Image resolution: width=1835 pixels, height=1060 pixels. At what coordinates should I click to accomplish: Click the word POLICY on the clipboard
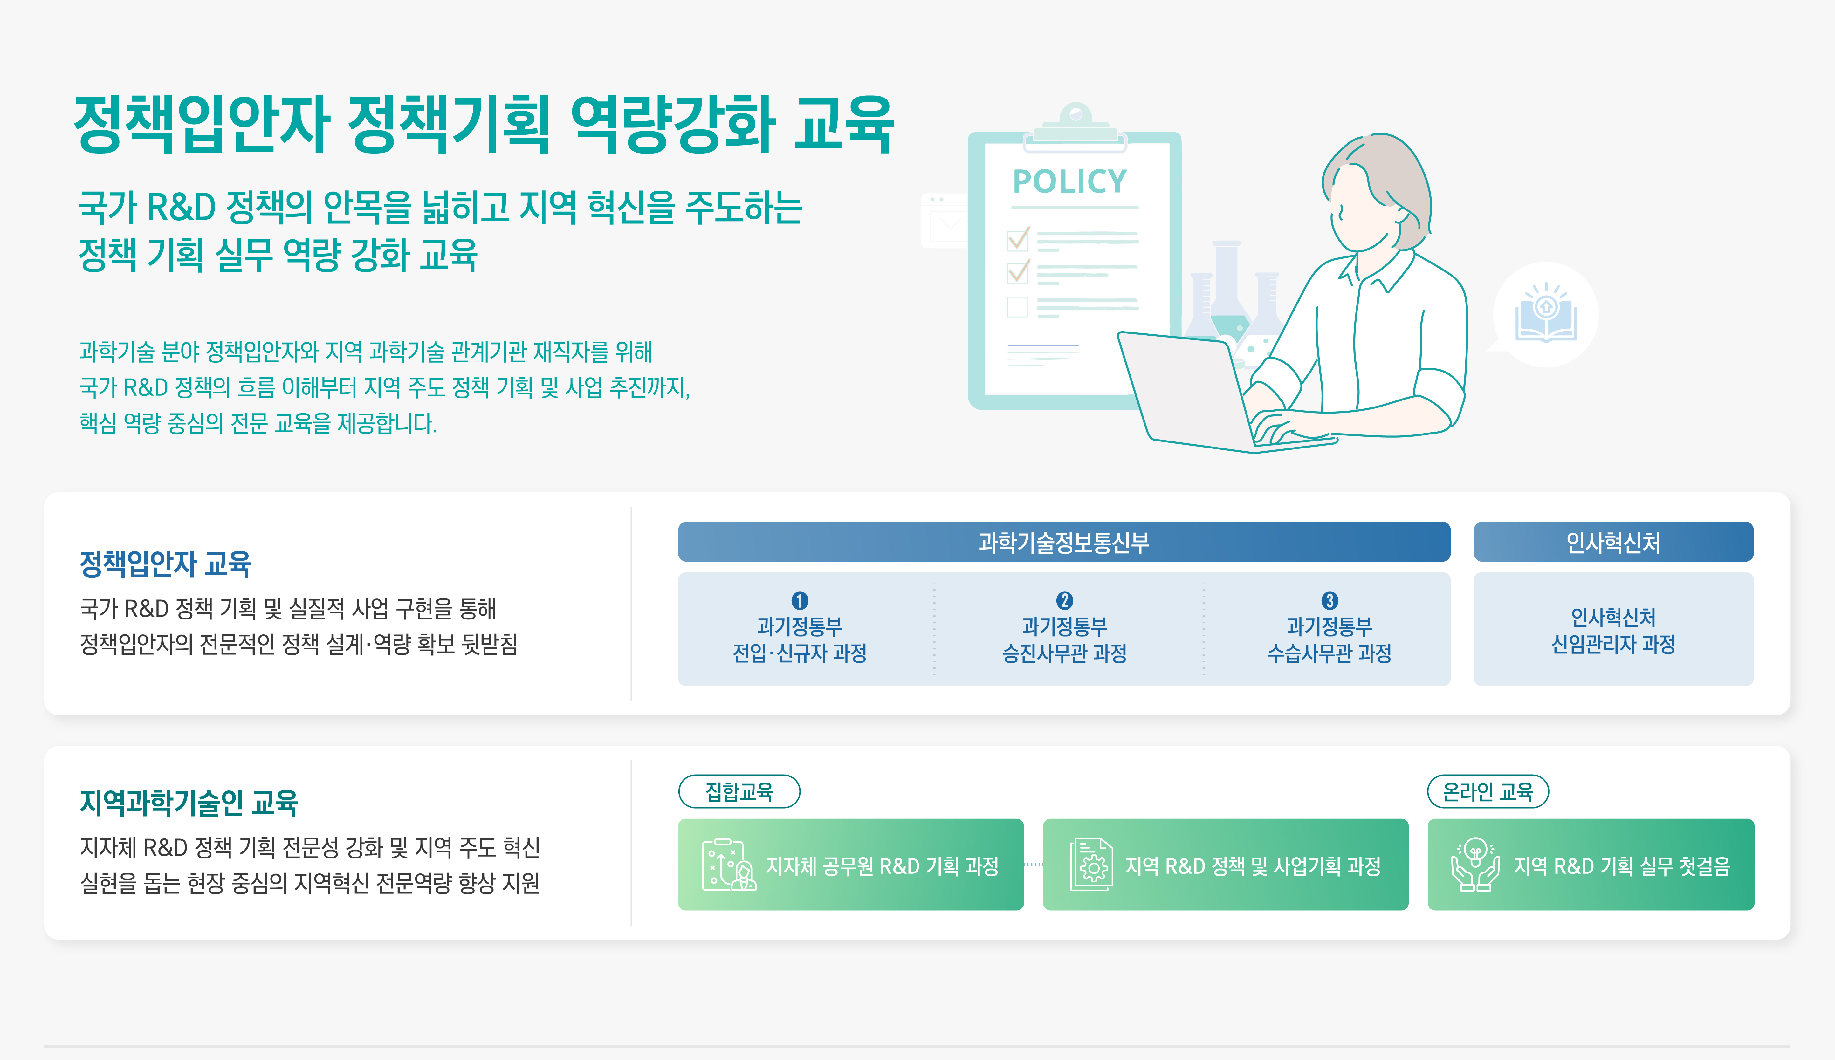1070,181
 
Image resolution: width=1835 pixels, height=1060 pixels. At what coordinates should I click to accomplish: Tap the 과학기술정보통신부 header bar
1064,542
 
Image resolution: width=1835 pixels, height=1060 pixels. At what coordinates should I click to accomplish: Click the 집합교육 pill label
739,791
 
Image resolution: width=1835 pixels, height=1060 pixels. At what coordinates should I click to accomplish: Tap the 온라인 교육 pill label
1488,791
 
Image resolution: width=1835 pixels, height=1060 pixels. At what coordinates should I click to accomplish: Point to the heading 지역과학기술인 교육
189,802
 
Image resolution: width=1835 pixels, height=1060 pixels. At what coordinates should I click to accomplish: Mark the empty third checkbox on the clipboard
1017,306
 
